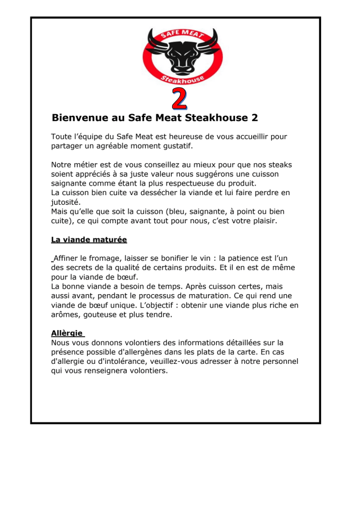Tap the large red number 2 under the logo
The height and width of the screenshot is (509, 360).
pos(179,98)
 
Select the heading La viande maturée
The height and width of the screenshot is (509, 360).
pos(89,240)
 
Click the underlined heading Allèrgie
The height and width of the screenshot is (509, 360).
pos(67,332)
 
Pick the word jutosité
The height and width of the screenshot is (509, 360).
pos(65,202)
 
